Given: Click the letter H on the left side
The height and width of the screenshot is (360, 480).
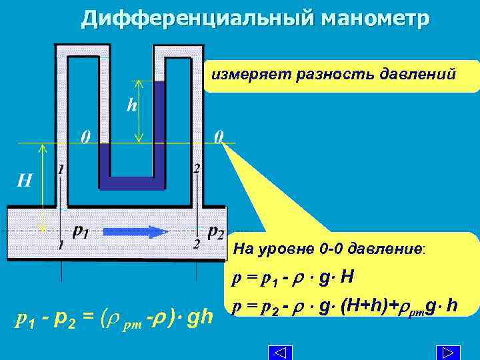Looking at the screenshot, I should tap(24, 181).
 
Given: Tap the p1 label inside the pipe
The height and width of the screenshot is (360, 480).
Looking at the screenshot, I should tap(81, 231).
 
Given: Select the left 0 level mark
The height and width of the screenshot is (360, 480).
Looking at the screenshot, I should tap(85, 138).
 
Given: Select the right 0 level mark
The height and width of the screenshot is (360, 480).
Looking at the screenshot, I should tap(219, 138).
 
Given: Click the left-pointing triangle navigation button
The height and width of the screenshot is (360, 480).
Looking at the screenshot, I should tap(281, 352).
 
